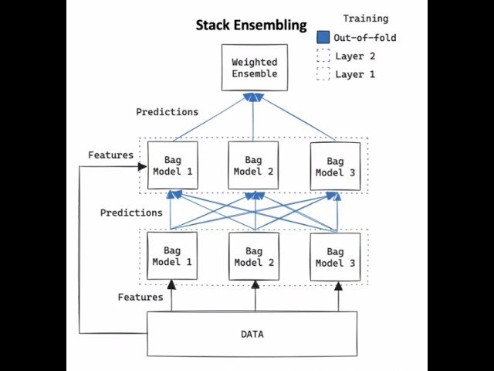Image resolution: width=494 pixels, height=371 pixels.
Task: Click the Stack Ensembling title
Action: [251, 26]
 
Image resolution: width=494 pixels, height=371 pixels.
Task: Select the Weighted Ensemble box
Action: [253, 67]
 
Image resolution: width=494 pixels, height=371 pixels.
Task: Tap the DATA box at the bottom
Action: [252, 334]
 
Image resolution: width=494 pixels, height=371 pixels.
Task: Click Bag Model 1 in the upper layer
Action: [172, 165]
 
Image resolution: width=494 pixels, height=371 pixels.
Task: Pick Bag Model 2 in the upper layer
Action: [253, 165]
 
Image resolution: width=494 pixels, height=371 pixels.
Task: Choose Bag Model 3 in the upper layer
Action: [335, 165]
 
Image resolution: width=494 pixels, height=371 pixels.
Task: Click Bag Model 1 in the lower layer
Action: [172, 256]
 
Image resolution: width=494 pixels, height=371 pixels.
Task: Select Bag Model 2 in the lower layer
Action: [253, 256]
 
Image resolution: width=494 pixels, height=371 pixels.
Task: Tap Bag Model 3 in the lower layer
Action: [335, 256]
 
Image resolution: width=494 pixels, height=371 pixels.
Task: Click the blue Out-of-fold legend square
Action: [323, 38]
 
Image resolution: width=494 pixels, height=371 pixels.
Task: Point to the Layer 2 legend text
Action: [355, 56]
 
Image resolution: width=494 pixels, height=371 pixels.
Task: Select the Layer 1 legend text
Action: [355, 74]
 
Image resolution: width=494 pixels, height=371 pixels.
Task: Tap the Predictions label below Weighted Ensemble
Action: [167, 112]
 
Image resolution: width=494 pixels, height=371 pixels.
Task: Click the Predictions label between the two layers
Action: [131, 213]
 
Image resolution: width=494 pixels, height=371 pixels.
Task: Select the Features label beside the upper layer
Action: [110, 155]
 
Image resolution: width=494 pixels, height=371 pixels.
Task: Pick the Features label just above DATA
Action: [140, 297]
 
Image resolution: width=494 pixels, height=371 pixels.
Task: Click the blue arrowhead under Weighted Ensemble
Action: [253, 97]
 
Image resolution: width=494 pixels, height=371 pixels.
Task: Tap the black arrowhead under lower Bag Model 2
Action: [254, 284]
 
